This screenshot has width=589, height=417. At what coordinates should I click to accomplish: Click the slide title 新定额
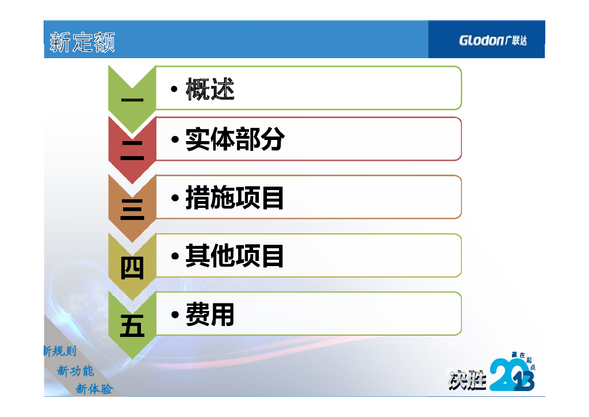(x=82, y=41)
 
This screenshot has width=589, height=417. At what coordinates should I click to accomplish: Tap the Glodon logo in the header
(x=492, y=40)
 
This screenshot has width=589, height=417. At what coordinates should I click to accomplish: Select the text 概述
(x=210, y=89)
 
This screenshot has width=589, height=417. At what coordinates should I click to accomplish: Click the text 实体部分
(x=235, y=139)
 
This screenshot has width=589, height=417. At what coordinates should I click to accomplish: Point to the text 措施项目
(x=235, y=198)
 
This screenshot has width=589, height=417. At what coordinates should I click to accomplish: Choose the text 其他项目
(x=235, y=256)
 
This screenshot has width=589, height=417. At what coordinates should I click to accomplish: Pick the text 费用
(x=210, y=314)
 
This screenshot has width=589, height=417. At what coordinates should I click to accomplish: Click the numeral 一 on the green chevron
(x=132, y=100)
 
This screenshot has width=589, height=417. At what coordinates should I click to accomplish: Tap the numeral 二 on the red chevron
(x=132, y=150)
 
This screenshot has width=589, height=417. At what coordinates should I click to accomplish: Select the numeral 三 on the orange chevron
(x=132, y=210)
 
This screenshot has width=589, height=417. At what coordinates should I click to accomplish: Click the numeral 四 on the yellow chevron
(x=132, y=268)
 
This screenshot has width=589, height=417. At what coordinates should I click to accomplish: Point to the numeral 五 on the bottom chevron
(x=132, y=325)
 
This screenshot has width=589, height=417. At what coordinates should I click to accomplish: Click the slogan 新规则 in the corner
(x=60, y=351)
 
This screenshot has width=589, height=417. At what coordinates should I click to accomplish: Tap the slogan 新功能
(x=75, y=371)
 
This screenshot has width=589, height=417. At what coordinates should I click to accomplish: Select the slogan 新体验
(x=94, y=389)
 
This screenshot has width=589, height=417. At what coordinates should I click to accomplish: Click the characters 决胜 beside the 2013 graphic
(x=467, y=380)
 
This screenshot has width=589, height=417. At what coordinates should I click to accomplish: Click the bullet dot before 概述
(x=174, y=89)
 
